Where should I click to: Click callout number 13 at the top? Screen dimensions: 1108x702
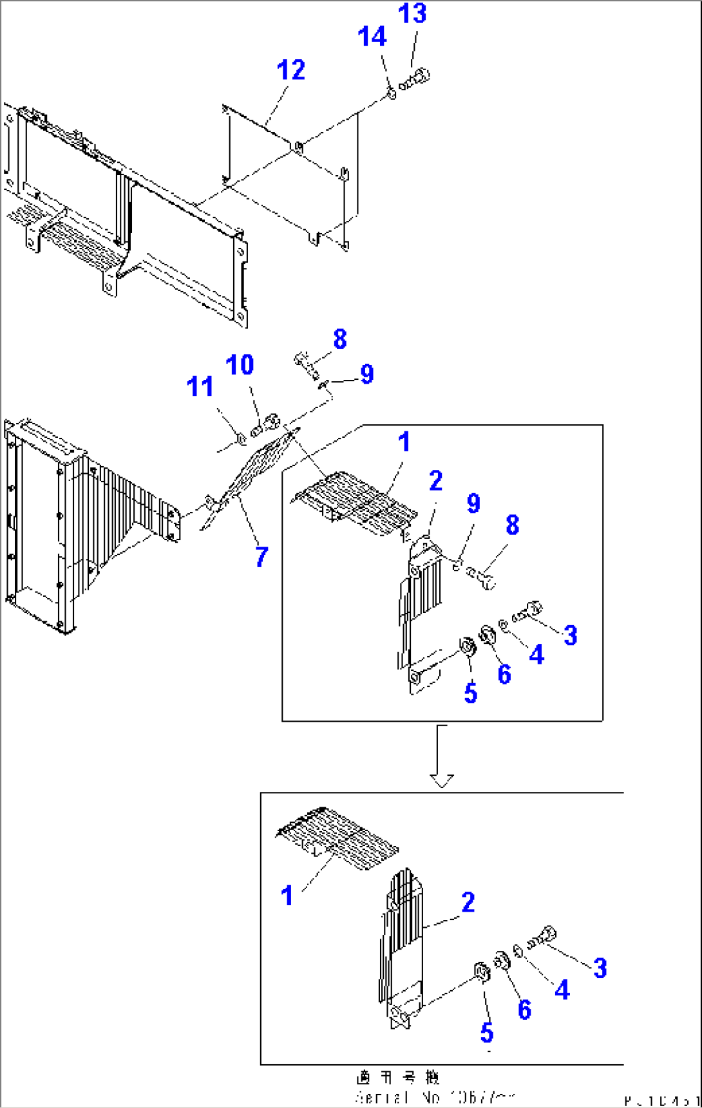[412, 14]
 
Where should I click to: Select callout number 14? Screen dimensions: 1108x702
[372, 37]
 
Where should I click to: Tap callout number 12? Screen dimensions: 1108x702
[290, 70]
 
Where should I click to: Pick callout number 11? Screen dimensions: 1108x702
[200, 387]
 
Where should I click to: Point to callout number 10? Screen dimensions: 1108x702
[240, 365]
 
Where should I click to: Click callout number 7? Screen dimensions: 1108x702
[261, 557]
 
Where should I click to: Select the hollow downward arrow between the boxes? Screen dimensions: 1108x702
[441, 757]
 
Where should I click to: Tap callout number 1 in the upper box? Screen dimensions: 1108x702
[404, 442]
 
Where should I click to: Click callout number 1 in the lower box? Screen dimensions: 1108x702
[287, 896]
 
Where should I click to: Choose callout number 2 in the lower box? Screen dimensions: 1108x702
[468, 902]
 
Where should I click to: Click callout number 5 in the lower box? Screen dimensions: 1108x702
[487, 1032]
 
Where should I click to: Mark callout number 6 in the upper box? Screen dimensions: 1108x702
[504, 674]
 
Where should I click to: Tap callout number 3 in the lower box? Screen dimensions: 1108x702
[600, 968]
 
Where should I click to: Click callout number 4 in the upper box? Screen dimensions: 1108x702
[536, 655]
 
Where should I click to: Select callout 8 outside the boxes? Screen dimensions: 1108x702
[340, 339]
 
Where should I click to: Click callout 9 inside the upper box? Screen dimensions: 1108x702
[473, 503]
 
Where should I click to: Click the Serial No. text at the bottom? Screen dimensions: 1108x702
[435, 1097]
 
